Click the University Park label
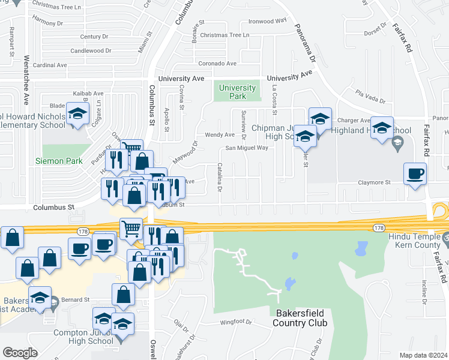(x=237, y=92)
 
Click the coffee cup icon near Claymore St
(x=415, y=174)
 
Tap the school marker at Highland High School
(x=382, y=128)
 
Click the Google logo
(x=20, y=353)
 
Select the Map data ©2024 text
(x=423, y=355)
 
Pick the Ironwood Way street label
(x=267, y=20)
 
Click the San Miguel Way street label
(x=246, y=148)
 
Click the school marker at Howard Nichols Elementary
(x=77, y=115)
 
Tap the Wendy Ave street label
(x=220, y=135)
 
